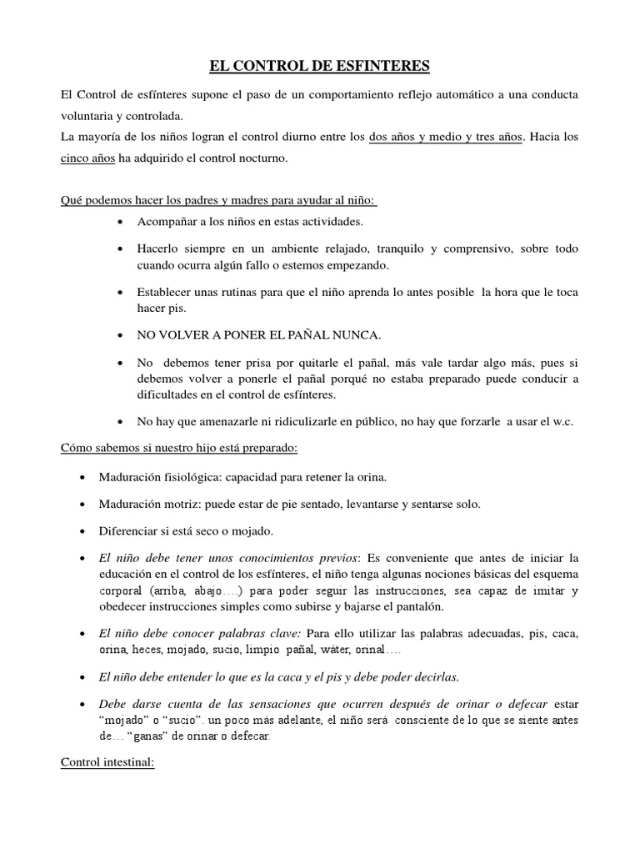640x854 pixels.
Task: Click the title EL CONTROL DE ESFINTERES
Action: click(x=320, y=65)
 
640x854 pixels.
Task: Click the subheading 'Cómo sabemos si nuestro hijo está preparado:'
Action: click(x=180, y=448)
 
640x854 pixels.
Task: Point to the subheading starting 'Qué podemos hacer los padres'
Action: click(x=220, y=201)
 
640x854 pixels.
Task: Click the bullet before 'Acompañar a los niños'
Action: click(x=122, y=223)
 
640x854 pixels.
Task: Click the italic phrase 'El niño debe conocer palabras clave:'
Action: click(x=198, y=634)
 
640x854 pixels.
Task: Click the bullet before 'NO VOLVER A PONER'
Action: click(x=122, y=335)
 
